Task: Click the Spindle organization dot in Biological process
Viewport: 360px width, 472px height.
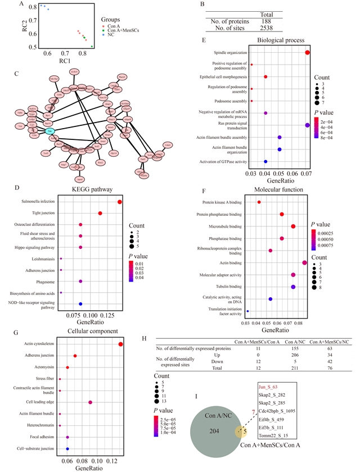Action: pos(308,52)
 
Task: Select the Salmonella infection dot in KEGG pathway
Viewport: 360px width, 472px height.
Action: pos(120,202)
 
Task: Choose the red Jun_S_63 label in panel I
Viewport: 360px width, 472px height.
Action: pos(270,387)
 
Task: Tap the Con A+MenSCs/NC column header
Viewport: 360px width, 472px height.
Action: pos(331,341)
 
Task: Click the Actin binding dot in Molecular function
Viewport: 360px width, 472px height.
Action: pos(304,262)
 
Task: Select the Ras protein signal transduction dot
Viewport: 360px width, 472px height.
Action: pos(307,125)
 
